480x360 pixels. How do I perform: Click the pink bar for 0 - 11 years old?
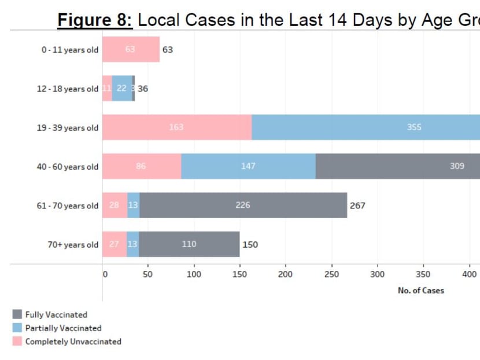tap(131, 50)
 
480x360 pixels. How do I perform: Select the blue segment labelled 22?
tap(121, 89)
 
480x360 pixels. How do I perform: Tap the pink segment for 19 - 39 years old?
tap(176, 127)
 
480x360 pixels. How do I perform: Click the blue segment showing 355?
tap(365, 127)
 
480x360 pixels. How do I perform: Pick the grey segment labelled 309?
tap(398, 166)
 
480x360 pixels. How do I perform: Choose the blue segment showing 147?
tap(248, 166)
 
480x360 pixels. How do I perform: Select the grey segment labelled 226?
tap(243, 205)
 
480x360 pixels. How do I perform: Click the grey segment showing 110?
tap(189, 244)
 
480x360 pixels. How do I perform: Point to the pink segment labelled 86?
tap(141, 166)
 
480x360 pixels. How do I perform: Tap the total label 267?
tap(357, 205)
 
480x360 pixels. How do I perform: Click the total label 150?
tap(250, 244)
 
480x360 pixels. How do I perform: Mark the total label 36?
tap(143, 89)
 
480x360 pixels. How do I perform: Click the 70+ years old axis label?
tap(73, 245)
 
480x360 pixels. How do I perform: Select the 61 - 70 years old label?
tap(68, 206)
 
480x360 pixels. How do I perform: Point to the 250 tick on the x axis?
tap(332, 274)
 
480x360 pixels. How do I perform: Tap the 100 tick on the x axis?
tap(194, 274)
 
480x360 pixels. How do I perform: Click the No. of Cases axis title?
tap(420, 291)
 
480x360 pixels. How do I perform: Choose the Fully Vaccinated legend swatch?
tap(17, 315)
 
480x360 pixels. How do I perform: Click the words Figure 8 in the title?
tap(95, 21)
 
